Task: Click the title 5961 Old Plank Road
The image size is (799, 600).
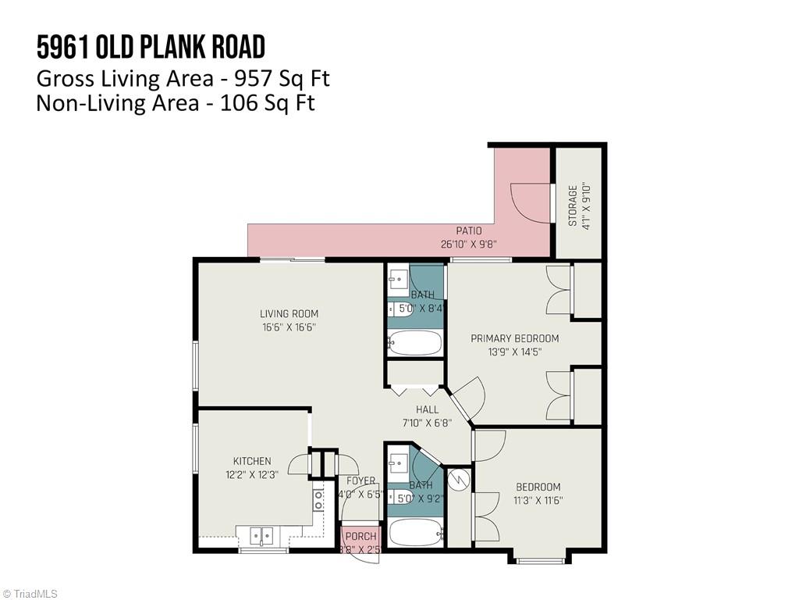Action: coord(151,48)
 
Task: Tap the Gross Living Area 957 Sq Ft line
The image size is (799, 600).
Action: coord(183,78)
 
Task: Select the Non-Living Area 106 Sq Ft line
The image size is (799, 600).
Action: coord(176,102)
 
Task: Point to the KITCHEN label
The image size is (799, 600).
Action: coord(252,461)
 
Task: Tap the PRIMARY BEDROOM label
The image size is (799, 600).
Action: coord(514,338)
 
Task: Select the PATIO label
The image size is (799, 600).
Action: coord(469,231)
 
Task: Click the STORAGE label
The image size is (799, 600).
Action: coord(573,205)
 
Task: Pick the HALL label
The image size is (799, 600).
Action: coord(427,409)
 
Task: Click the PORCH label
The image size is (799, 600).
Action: coord(360,537)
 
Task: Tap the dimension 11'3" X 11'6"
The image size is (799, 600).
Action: coord(538,500)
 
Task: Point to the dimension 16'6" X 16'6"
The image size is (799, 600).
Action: coord(289,327)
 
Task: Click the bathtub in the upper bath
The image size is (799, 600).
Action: coord(414,343)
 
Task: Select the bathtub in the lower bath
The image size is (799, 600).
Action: coord(415,533)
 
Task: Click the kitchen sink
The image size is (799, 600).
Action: coord(261,536)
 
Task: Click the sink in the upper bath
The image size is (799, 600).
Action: coord(397,277)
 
